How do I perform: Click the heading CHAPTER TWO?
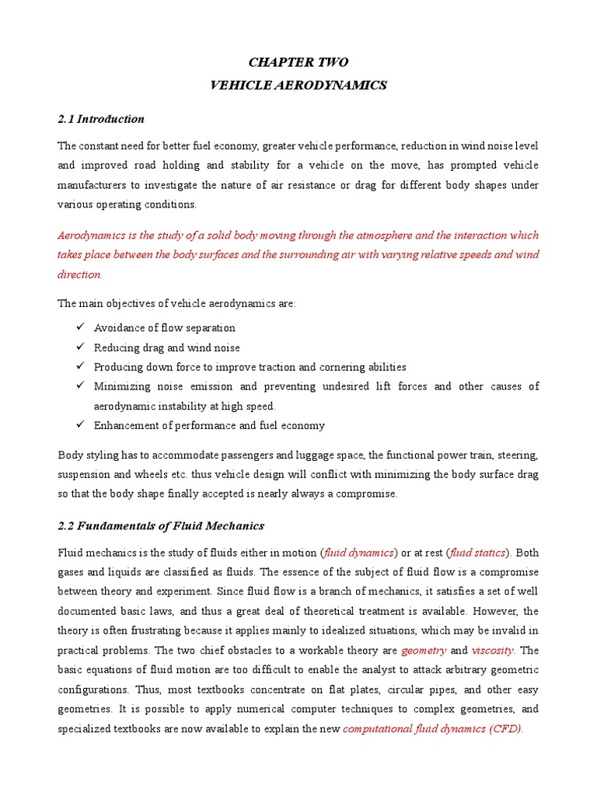tap(298, 62)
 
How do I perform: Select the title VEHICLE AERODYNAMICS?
tap(298, 86)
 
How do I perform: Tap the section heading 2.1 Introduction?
tap(101, 119)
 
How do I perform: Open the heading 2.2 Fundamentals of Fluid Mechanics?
tap(161, 526)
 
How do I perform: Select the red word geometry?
tap(424, 650)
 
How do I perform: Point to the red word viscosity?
tap(494, 650)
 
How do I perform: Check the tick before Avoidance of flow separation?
tap(81, 327)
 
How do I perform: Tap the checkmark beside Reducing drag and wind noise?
tap(81, 347)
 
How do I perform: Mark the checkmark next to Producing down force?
tap(81, 367)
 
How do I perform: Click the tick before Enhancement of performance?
tap(81, 425)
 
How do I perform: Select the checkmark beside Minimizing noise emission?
tap(81, 386)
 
